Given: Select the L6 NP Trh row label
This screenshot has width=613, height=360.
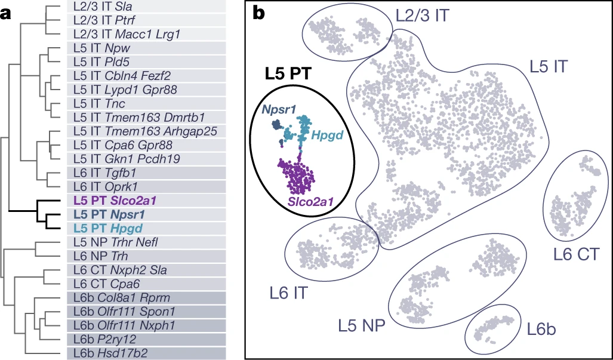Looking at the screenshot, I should (x=99, y=255).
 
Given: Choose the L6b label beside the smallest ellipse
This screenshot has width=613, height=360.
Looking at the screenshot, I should (x=543, y=329).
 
